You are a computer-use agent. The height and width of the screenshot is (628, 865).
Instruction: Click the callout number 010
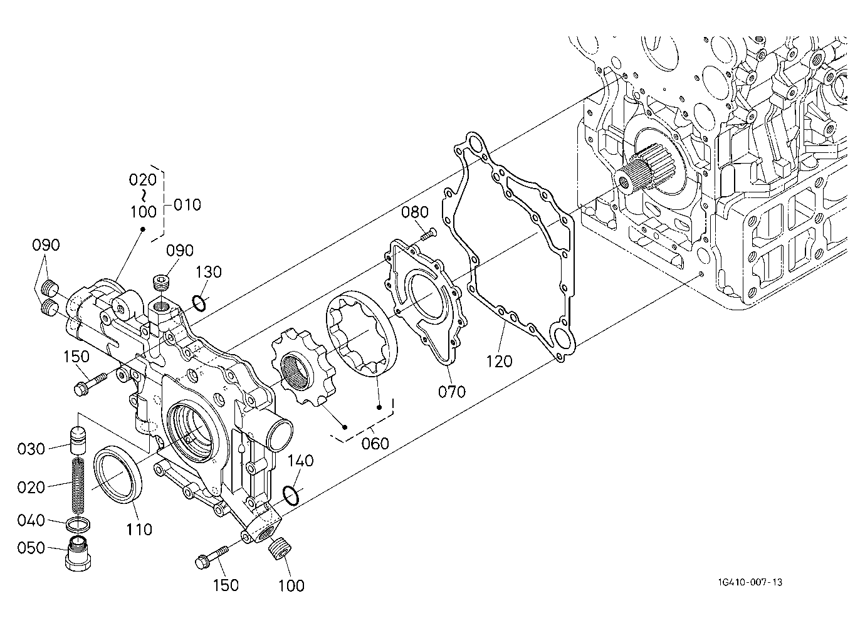click(187, 205)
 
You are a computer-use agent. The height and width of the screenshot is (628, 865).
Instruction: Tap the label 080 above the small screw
click(415, 212)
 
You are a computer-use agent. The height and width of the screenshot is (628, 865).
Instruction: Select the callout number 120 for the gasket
click(499, 361)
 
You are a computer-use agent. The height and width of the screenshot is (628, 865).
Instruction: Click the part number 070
click(452, 392)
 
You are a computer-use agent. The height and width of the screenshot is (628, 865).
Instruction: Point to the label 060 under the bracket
click(375, 443)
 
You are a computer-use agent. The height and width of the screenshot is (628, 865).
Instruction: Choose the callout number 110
click(139, 529)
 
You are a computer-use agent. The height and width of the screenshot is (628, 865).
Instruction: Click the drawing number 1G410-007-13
click(750, 582)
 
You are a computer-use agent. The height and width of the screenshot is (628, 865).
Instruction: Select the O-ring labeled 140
click(291, 496)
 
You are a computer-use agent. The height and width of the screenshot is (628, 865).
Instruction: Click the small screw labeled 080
click(429, 234)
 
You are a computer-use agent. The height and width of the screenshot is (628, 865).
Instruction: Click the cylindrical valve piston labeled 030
click(78, 441)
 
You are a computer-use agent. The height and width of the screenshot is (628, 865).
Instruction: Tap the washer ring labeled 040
click(79, 524)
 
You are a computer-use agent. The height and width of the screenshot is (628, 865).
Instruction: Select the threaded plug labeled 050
click(79, 553)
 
